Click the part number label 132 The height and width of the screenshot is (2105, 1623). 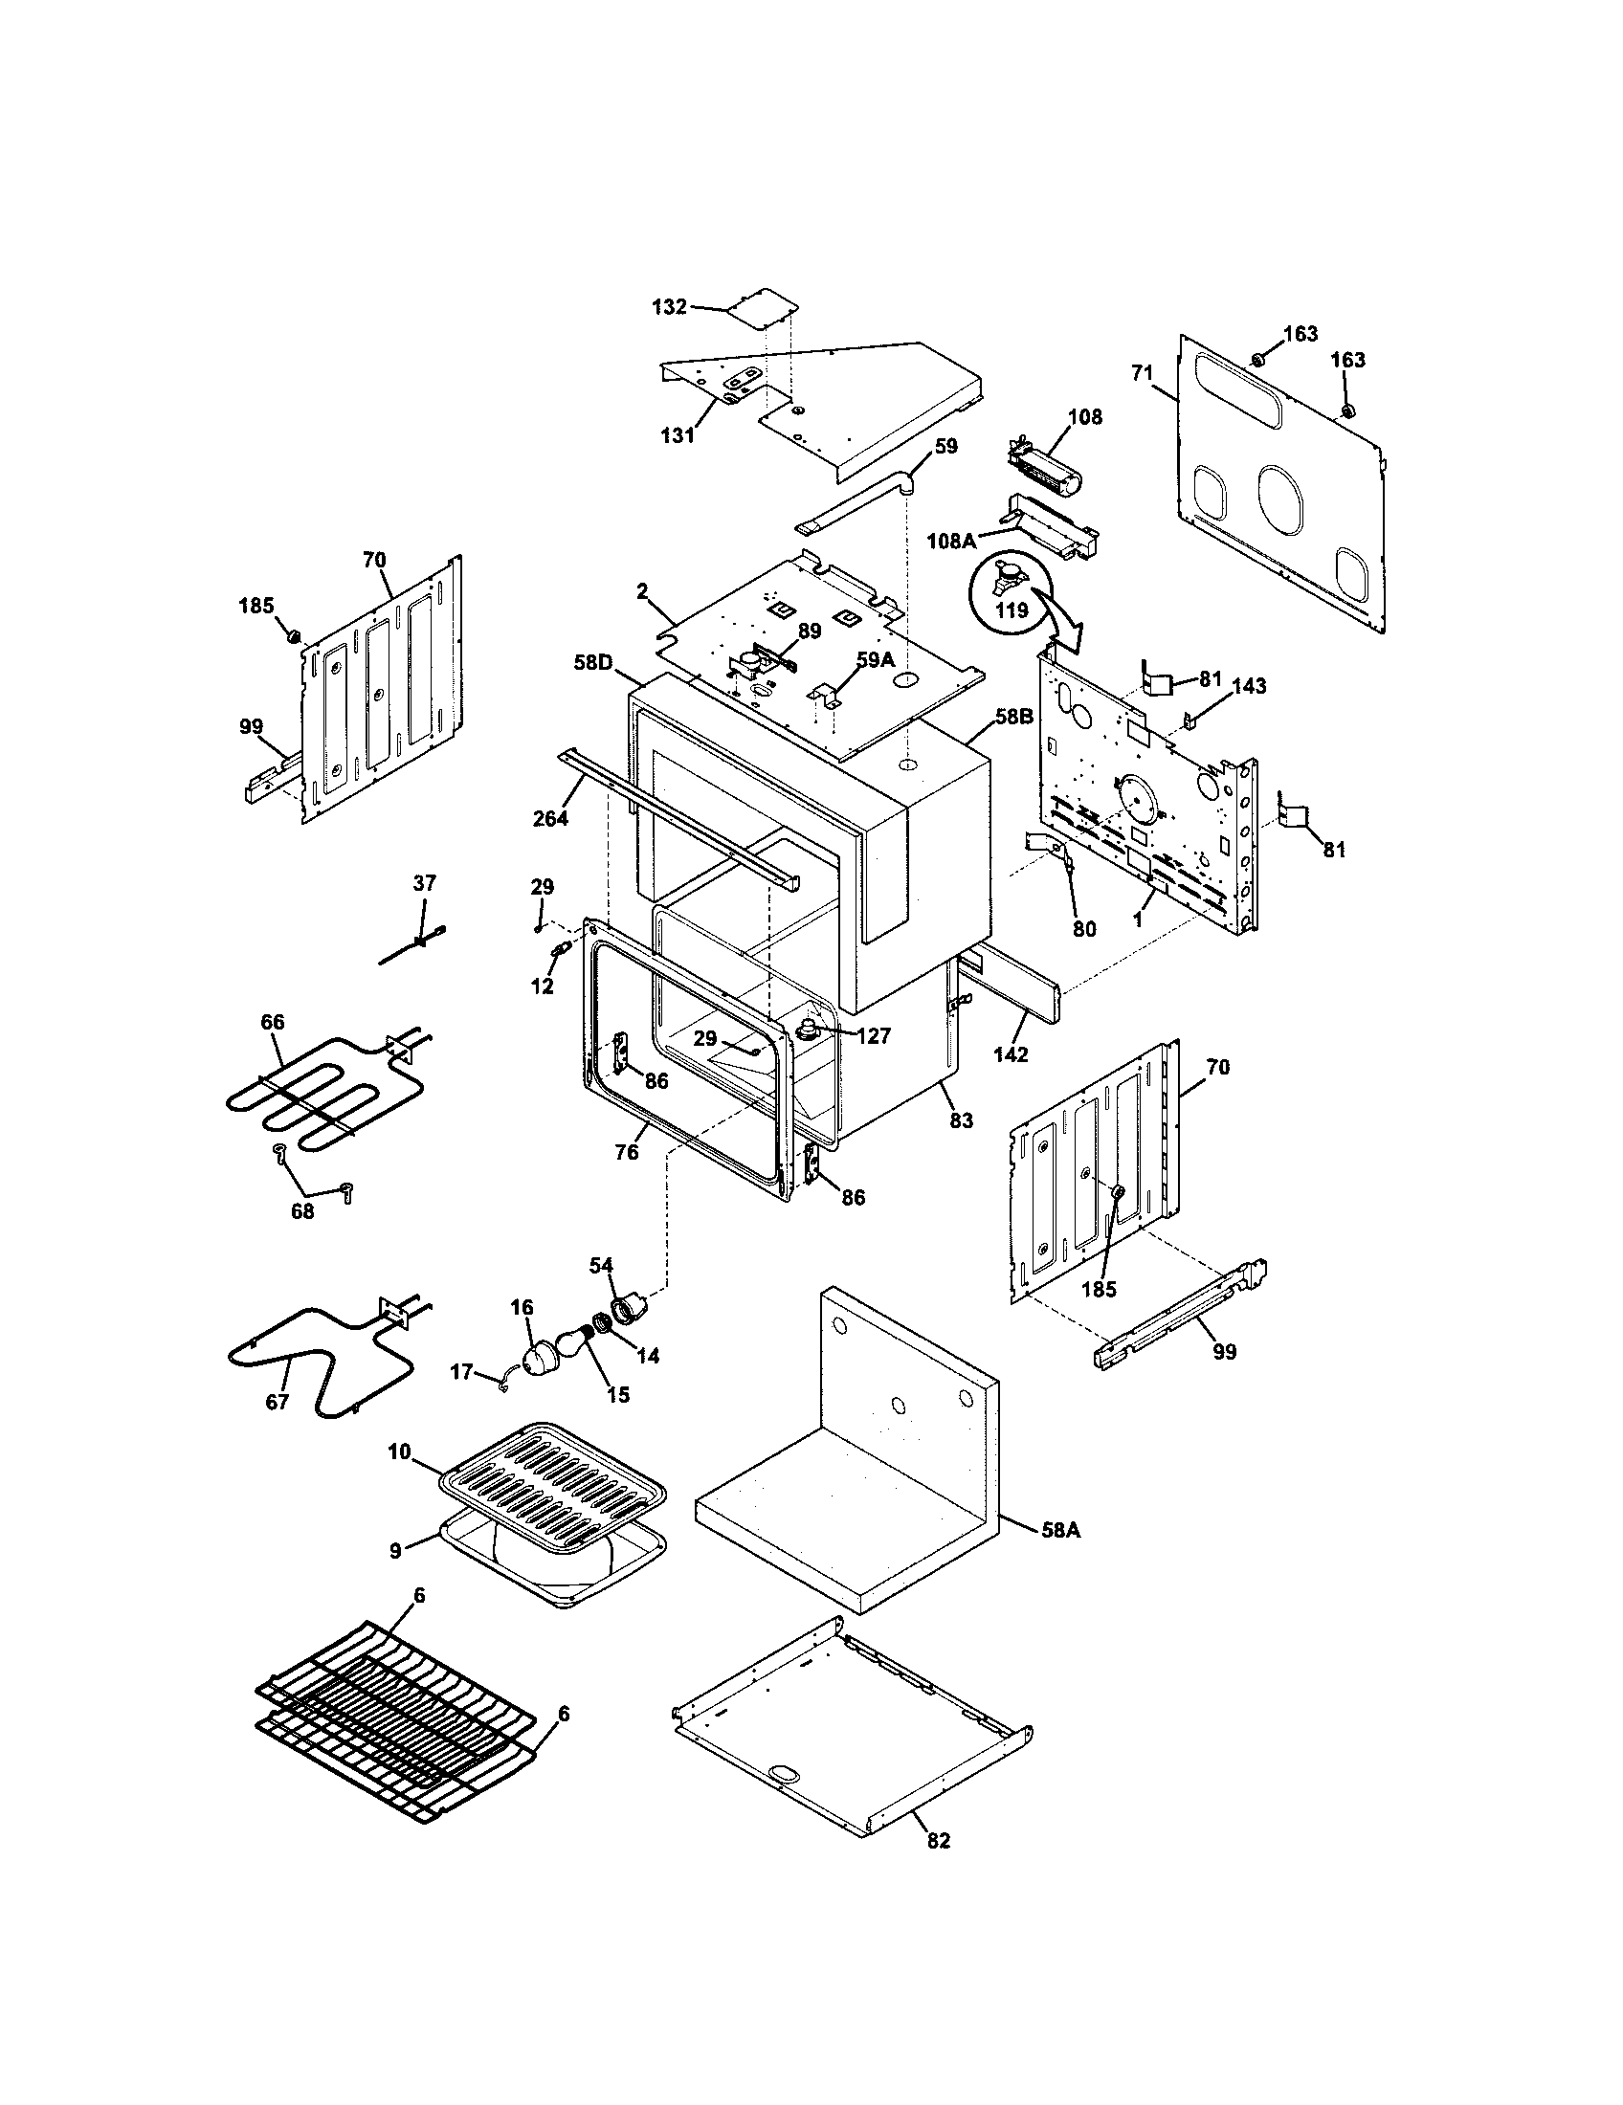click(x=669, y=307)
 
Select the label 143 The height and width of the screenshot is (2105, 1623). click(x=1248, y=686)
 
